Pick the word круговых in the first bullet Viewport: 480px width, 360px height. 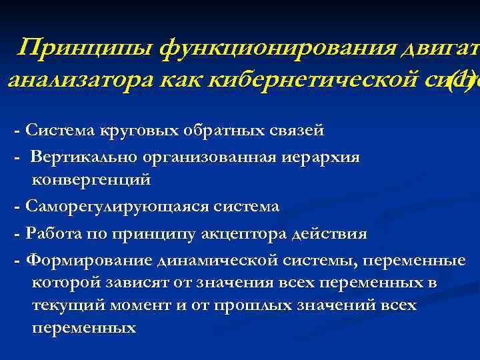tap(137, 130)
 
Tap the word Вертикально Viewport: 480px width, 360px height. tap(84, 157)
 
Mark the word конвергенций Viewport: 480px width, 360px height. tap(91, 179)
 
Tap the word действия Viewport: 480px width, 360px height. tap(333, 234)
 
